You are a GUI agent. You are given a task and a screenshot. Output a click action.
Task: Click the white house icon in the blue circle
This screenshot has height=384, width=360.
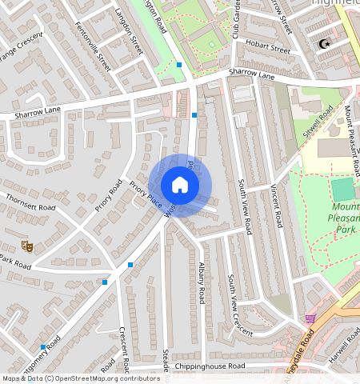[x=180, y=186]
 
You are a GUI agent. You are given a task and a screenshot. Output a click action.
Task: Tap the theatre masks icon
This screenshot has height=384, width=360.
[x=27, y=247]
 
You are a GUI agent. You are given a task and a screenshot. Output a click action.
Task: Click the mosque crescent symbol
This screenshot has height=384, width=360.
[x=324, y=45]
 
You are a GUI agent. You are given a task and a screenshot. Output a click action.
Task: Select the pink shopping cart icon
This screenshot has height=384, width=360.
[x=310, y=318]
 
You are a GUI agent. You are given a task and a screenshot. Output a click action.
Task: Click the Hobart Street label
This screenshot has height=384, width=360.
[x=268, y=48]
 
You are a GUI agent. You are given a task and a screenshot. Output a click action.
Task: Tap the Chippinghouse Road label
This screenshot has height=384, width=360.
[x=210, y=366]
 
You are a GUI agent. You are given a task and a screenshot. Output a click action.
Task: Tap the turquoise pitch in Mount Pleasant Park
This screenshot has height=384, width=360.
[x=342, y=190]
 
